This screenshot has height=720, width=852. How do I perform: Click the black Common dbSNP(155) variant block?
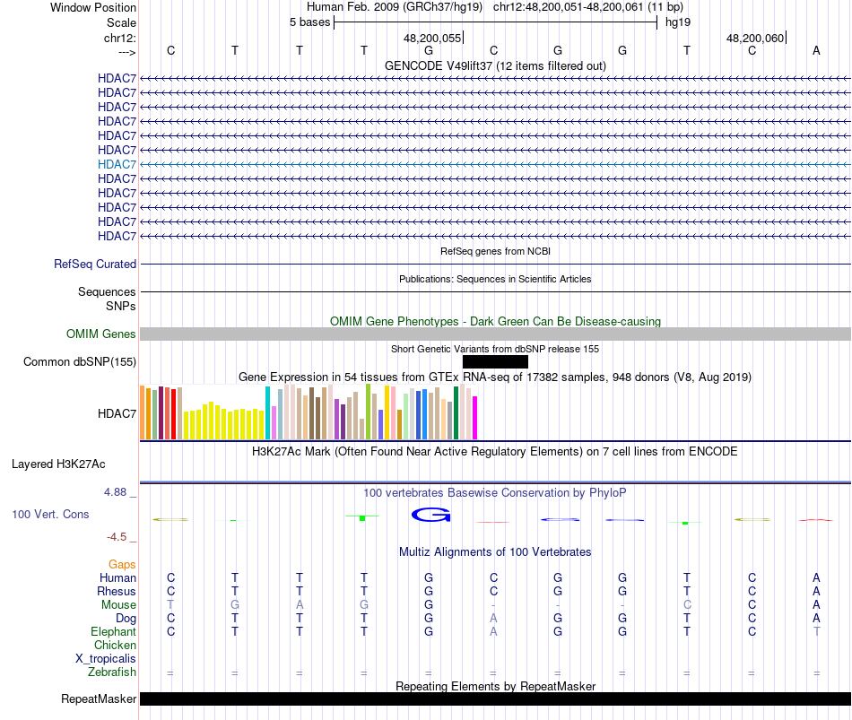point(495,361)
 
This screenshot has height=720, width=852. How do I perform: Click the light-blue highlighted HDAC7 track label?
point(117,164)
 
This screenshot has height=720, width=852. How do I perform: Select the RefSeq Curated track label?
point(95,265)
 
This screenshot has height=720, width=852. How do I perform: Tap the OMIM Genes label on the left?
point(101,334)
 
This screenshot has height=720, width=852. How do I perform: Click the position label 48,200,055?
point(433,39)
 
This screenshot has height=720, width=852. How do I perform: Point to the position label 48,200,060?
point(756,39)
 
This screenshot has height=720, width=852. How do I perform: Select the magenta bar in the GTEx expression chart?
point(475,418)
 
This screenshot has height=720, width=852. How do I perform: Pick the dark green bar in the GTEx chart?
point(456,413)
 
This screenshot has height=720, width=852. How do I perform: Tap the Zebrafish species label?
point(112,672)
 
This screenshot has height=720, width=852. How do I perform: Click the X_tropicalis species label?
point(106,659)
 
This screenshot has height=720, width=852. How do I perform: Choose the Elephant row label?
point(114,632)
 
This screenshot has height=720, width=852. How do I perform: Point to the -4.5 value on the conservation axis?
point(121,537)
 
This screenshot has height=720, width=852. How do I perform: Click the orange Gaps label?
point(122,564)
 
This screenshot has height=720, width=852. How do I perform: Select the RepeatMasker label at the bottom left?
point(99,699)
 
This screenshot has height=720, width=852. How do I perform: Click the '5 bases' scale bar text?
point(309,22)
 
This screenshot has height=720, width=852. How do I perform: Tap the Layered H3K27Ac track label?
point(58,464)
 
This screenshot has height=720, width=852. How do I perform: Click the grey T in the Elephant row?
point(816,632)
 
